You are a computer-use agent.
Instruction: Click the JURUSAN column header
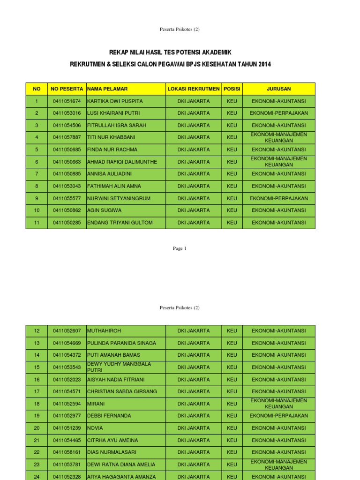[278, 89]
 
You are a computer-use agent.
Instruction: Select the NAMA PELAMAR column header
[107, 89]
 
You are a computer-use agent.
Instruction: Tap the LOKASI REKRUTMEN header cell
[194, 89]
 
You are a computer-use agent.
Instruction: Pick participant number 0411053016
[67, 113]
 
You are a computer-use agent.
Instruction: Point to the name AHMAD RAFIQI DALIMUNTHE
[122, 162]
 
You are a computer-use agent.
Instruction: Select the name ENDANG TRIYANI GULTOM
[120, 223]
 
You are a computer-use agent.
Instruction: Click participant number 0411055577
[67, 198]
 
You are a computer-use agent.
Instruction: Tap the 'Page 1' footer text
[180, 248]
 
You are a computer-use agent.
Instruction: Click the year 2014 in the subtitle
[263, 64]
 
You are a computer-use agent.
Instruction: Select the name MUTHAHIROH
[104, 330]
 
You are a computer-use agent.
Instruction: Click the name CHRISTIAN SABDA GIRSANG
[122, 391]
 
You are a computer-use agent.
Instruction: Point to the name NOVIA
[95, 428]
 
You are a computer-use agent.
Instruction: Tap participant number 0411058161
[67, 452]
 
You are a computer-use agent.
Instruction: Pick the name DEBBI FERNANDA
[109, 416]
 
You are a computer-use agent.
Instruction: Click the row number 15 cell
[37, 367]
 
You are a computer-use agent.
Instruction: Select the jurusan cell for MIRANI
[278, 404]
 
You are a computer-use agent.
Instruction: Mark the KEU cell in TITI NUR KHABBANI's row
[232, 137]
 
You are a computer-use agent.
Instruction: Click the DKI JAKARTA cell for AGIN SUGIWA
[194, 210]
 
